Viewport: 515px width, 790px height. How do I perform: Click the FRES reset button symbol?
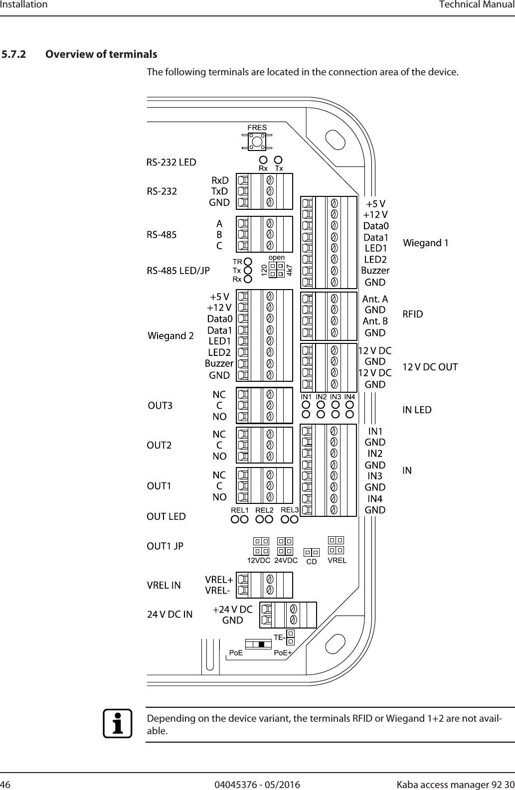click(257, 142)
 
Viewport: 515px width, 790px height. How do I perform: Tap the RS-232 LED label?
click(171, 162)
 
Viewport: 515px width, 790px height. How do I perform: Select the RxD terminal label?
click(220, 180)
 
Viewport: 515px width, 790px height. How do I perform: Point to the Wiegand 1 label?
click(425, 243)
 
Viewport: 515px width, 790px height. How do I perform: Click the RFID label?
click(412, 314)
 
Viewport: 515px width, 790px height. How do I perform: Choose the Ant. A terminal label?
click(375, 299)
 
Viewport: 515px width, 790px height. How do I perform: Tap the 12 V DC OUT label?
click(430, 367)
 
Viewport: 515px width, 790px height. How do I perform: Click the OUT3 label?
click(161, 406)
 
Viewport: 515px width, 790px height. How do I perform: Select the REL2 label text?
click(264, 510)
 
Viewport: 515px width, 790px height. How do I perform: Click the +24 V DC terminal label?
click(232, 610)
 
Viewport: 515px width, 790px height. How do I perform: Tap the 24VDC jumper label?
click(286, 560)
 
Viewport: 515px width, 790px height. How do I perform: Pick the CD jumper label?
click(312, 562)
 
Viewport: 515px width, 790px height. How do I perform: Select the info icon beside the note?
click(118, 723)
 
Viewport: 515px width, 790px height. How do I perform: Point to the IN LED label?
click(417, 410)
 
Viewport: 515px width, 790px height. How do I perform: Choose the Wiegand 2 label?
click(171, 336)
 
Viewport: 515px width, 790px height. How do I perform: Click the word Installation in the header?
click(24, 5)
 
